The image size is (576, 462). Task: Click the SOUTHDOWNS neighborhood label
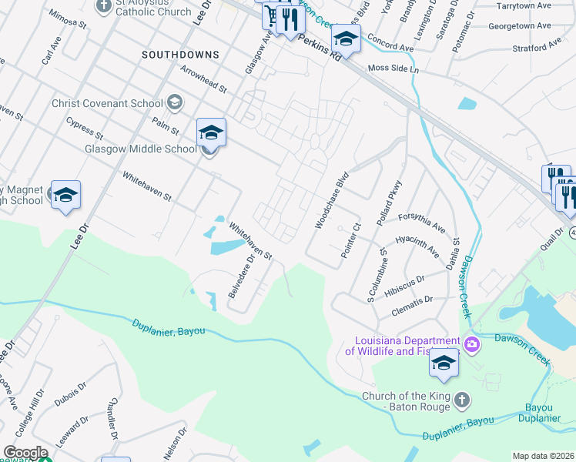pyautogui.click(x=180, y=55)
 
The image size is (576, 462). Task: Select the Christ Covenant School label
pyautogui.click(x=107, y=103)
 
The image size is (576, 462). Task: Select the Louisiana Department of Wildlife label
pyautogui.click(x=402, y=346)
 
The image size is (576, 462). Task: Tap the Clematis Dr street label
pyautogui.click(x=413, y=299)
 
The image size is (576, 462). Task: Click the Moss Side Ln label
pyautogui.click(x=393, y=69)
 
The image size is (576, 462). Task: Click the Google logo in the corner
pyautogui.click(x=25, y=453)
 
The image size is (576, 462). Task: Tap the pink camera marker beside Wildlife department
pyautogui.click(x=472, y=344)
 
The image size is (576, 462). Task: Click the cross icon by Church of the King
pyautogui.click(x=461, y=398)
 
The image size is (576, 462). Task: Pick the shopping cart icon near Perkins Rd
pyautogui.click(x=272, y=15)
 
